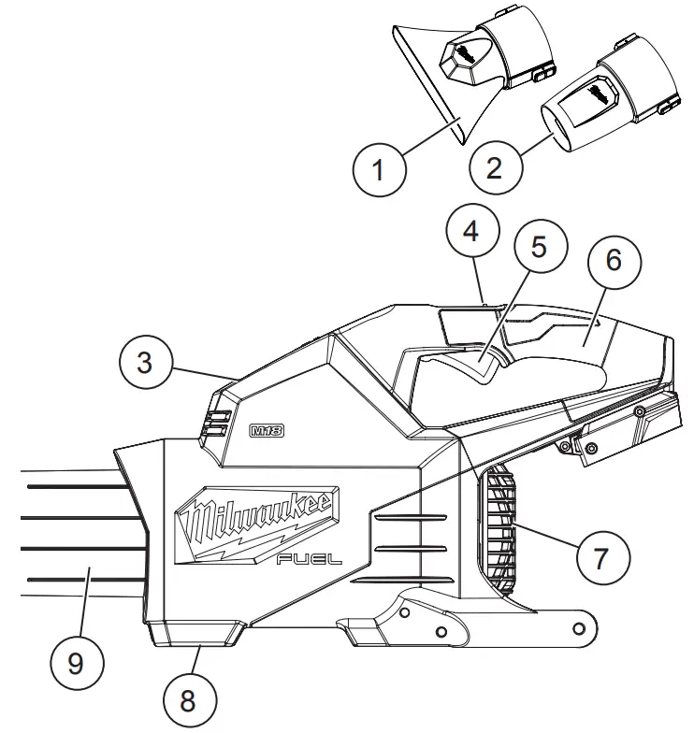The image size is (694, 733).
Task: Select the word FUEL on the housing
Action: click(x=310, y=559)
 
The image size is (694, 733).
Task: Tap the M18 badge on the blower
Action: click(x=267, y=431)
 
